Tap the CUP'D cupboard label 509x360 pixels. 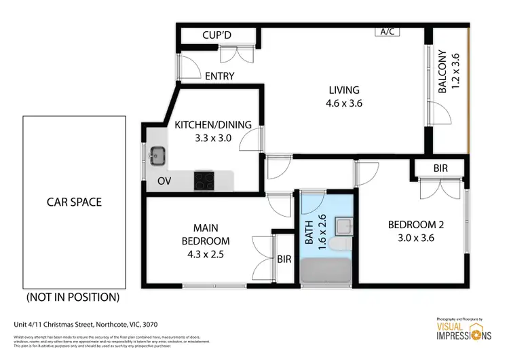[x=218, y=35]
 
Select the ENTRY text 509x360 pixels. [x=219, y=76]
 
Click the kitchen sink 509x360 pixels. [x=157, y=155]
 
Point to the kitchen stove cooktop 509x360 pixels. [x=205, y=179]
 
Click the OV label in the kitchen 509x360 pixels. [x=164, y=181]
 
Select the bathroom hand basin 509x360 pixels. [x=343, y=225]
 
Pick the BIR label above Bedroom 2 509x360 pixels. [x=440, y=168]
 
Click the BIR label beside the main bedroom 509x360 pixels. [x=284, y=259]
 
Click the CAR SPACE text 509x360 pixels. [x=74, y=202]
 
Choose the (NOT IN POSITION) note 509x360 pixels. [x=73, y=297]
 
